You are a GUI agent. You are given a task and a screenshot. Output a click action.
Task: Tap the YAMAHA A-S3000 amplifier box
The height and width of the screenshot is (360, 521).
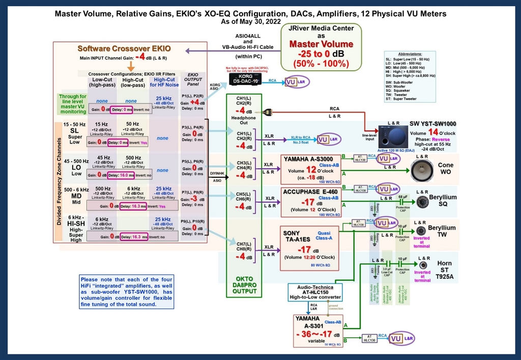pyautogui.click(x=309, y=169)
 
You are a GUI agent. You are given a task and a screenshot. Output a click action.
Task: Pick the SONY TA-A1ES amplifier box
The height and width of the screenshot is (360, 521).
pyautogui.click(x=309, y=248)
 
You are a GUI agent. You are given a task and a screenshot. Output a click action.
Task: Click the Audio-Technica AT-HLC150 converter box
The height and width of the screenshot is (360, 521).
pyautogui.click(x=315, y=292)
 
